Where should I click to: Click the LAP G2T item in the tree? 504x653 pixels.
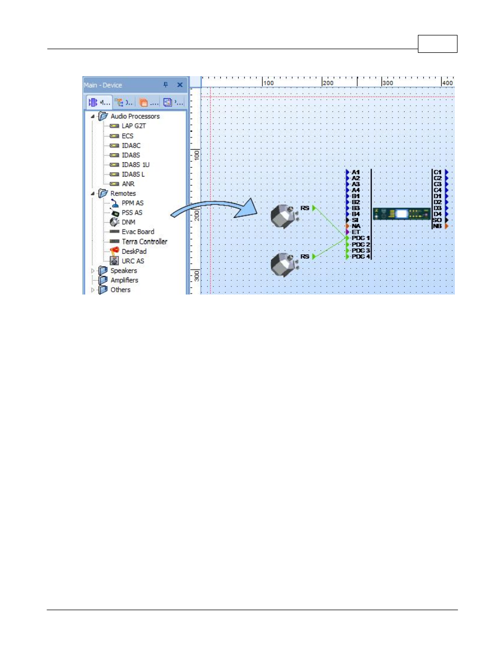133,126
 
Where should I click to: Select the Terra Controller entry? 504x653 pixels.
144,242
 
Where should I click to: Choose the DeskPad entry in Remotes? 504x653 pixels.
134,251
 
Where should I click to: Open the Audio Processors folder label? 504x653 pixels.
135,116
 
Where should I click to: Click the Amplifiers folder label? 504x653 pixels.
124,280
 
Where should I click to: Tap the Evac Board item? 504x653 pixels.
138,232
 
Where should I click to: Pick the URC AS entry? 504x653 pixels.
133,261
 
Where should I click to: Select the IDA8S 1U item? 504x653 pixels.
135,164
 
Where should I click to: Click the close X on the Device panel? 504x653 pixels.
180,85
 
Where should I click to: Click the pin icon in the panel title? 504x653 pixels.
165,85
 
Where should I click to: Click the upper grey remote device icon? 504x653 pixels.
283,216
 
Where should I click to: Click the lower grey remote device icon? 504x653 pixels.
283,264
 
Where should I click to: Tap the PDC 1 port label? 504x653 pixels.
361,238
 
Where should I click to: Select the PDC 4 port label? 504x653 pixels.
361,256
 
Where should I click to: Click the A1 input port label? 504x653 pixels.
356,172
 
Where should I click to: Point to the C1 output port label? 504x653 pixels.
437,172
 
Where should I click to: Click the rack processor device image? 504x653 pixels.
402,214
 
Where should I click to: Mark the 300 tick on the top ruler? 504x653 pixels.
388,82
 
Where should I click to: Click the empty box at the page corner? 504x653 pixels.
437,44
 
